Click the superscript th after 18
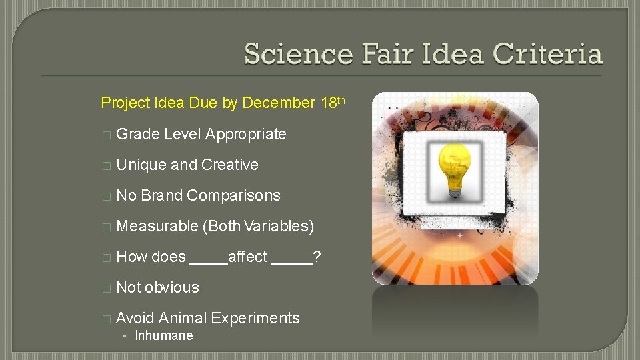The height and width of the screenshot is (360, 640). click(340, 100)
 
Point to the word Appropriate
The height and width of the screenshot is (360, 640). click(246, 134)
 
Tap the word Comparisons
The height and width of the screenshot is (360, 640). click(234, 195)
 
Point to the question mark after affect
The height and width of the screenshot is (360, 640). click(317, 257)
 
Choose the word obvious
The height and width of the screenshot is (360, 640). click(172, 287)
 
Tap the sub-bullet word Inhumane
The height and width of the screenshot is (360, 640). click(164, 336)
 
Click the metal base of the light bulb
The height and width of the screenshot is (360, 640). click(455, 192)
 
